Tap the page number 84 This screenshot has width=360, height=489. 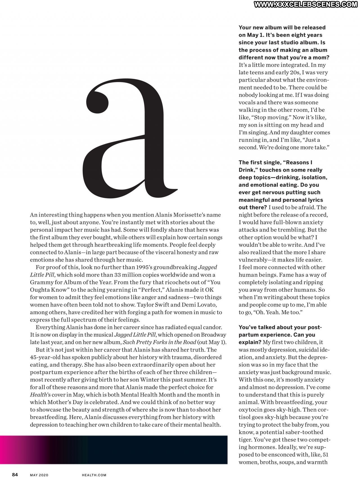click(15, 475)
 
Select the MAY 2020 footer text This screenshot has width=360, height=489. click(39, 475)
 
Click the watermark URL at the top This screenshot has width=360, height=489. click(305, 4)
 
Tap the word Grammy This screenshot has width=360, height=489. click(40, 282)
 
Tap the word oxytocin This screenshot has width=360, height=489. click(249, 410)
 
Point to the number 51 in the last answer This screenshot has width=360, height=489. click(325, 455)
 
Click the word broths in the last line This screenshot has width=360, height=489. click(268, 462)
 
